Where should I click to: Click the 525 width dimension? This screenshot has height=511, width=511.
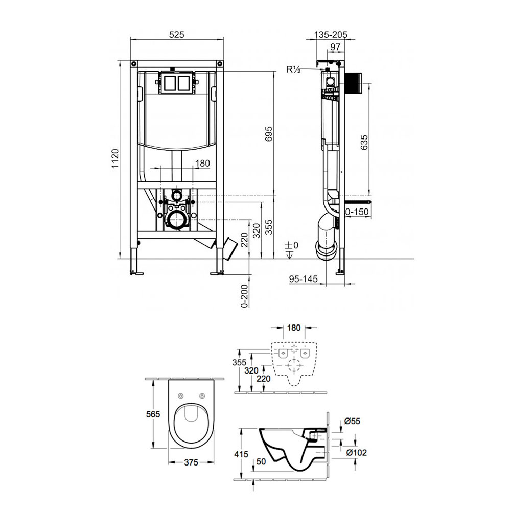177,35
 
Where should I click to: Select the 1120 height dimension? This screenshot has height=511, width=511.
115,159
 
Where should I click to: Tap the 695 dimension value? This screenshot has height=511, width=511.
269,133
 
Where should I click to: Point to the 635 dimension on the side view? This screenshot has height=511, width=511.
364,143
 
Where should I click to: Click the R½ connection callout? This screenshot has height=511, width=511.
293,69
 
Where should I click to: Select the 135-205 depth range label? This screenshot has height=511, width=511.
331,35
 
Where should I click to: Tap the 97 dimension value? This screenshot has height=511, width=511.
335,47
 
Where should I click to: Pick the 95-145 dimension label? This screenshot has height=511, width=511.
303,279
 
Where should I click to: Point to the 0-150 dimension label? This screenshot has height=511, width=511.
357,212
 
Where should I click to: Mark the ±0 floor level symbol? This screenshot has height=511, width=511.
291,249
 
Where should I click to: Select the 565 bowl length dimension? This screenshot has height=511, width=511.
153,414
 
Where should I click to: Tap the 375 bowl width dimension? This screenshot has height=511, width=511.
191,462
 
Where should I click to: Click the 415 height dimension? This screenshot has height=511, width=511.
241,454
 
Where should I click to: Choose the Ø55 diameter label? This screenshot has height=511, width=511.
352,421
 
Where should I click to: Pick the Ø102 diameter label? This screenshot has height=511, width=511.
356,452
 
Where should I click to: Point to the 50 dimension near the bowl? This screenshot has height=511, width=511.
261,461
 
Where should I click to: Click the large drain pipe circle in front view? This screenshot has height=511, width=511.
176,220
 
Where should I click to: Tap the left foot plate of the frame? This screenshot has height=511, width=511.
136,272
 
